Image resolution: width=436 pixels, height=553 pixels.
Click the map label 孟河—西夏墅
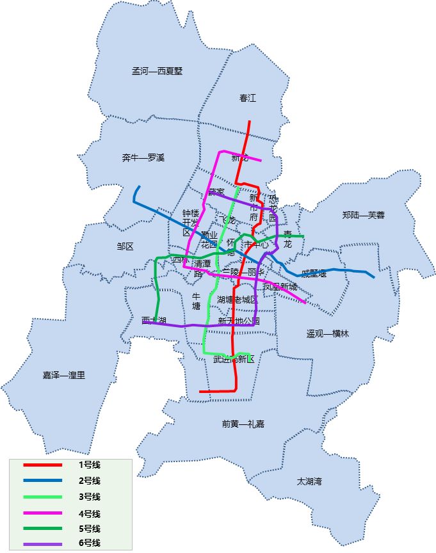click(157, 71)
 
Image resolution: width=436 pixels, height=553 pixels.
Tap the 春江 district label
click(247, 98)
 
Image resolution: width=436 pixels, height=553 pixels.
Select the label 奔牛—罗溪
click(143, 157)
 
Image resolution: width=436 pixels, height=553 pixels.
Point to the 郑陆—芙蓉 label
click(363, 215)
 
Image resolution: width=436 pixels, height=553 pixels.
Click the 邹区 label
click(125, 246)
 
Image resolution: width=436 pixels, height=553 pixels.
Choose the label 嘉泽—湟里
click(64, 375)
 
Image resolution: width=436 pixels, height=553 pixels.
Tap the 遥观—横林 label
click(327, 333)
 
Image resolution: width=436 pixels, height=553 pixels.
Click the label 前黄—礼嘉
click(243, 424)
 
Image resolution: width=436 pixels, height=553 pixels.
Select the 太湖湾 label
click(309, 481)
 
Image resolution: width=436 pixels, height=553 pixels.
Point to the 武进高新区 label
click(234, 359)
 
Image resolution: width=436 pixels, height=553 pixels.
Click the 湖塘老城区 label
click(237, 300)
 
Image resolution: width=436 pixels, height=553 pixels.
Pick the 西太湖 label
click(154, 320)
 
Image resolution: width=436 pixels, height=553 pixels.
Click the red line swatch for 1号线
click(42, 465)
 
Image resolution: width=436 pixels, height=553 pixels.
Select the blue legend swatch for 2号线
click(42, 481)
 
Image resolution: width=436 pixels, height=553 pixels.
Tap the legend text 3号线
click(89, 497)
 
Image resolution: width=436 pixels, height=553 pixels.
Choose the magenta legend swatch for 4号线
click(42, 513)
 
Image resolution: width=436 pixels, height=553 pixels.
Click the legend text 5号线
click(89, 529)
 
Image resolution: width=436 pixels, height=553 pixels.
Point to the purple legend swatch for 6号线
click(42, 544)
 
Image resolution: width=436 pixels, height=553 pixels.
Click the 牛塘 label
click(197, 301)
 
